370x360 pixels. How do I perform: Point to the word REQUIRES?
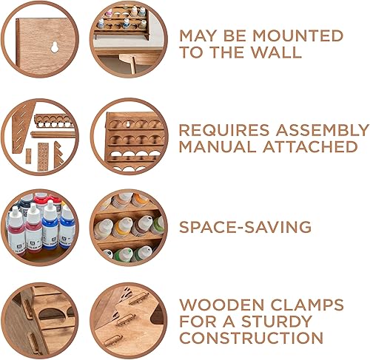[215, 130]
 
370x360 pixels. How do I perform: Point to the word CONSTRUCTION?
[252, 339]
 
